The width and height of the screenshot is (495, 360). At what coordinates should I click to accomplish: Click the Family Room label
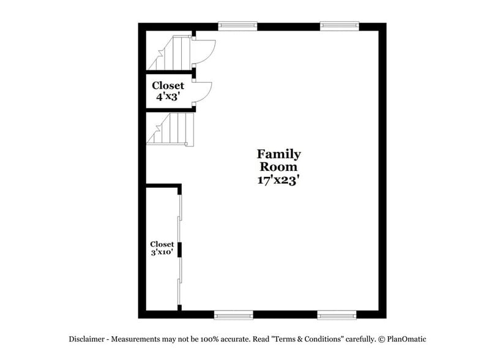tap(278, 160)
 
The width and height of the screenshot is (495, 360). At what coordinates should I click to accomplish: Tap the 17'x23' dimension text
tap(278, 180)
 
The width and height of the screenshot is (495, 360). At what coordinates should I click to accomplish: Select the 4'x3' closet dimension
tap(168, 96)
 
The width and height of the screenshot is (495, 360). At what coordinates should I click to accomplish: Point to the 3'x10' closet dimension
tap(162, 252)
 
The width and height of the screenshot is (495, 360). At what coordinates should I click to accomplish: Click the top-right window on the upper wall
tap(338, 26)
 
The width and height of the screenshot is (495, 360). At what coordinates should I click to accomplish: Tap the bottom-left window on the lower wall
tap(233, 315)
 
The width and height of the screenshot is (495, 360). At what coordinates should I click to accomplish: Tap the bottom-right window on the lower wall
tap(337, 315)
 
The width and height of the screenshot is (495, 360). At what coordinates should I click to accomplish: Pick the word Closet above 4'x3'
tap(168, 86)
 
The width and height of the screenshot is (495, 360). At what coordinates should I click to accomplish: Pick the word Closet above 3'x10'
tap(162, 244)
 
